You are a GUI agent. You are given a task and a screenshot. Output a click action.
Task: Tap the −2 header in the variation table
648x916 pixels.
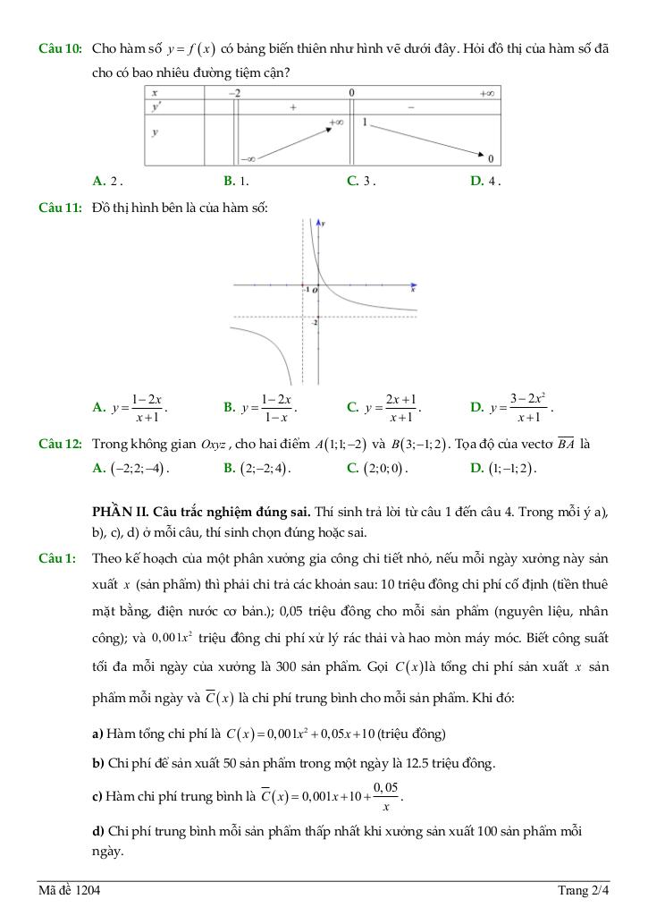pos(234,93)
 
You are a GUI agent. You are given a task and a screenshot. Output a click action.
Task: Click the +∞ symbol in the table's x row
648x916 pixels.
pos(487,93)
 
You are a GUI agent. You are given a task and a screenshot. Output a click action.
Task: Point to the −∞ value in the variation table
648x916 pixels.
pos(248,158)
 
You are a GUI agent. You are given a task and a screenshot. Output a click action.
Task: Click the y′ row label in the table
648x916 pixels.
pos(156,106)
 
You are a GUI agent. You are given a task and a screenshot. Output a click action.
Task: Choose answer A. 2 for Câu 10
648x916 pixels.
pos(107,181)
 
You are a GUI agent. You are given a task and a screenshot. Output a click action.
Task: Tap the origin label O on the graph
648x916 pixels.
pos(315,291)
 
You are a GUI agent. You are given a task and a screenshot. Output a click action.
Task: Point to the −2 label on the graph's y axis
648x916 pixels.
pos(315,320)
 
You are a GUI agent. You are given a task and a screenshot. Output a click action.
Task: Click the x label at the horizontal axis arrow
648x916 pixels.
pos(413,291)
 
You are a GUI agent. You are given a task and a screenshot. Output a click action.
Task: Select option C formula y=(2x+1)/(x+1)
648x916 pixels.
pos(383,408)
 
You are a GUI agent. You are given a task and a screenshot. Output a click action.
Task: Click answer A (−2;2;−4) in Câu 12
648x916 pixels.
pos(130,467)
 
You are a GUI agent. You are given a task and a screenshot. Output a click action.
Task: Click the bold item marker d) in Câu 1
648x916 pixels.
pos(98,832)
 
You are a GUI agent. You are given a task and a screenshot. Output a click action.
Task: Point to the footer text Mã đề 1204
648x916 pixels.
pos(69,891)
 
